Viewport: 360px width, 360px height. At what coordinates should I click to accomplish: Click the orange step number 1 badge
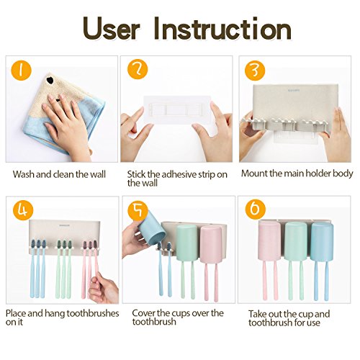coord(21,71)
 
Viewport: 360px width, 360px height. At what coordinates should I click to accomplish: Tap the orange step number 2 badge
coord(138,69)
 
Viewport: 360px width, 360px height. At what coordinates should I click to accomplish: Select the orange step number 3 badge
coord(255,71)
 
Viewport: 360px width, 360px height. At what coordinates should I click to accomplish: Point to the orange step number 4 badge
coord(23,210)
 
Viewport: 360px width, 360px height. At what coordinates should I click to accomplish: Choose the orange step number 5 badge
coord(138,210)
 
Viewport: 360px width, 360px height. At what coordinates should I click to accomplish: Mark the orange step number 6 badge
coord(256,209)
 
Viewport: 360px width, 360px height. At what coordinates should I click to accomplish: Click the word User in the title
coord(111,30)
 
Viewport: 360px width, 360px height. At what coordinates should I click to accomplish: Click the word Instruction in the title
coord(222,29)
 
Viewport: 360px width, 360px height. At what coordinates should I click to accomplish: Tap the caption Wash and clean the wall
coord(59,174)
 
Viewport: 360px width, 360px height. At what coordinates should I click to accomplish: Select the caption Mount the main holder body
coord(297,174)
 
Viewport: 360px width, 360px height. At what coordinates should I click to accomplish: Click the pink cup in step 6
coord(269,241)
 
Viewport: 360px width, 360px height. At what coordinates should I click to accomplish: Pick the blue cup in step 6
coord(322,242)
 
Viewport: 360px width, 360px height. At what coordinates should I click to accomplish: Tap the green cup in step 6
coord(296,241)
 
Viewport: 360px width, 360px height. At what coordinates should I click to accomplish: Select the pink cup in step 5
coord(211,244)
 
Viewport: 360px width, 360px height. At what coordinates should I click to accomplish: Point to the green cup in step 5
coord(187,243)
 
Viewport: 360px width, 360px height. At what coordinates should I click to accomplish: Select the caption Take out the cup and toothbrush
coord(289,318)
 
